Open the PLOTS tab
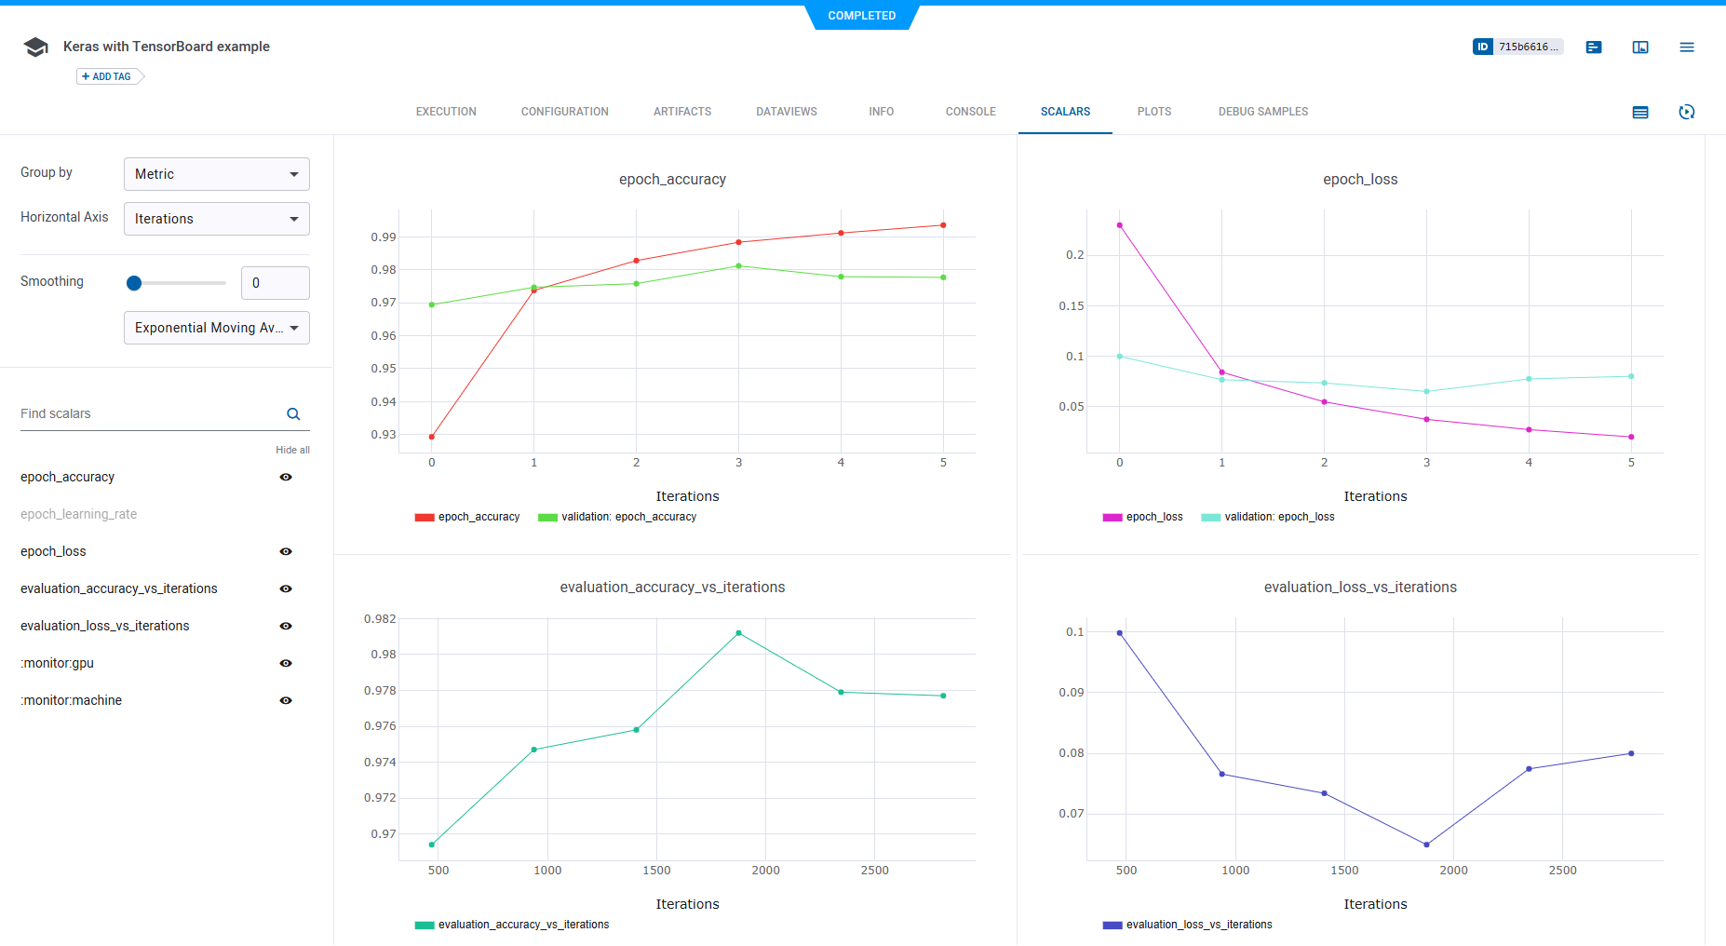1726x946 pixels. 1153,112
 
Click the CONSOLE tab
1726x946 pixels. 970,112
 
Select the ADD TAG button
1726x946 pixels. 108,76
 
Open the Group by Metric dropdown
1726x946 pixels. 216,174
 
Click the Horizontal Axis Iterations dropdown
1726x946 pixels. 216,219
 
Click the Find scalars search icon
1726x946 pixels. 293,414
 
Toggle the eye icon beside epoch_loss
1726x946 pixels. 286,551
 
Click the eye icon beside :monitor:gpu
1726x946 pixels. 286,663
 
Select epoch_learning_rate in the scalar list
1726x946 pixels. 78,514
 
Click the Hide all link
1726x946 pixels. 292,450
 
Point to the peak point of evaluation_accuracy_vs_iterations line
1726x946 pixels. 738,633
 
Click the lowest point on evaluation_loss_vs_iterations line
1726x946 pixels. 1426,845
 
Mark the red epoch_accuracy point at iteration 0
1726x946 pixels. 432,437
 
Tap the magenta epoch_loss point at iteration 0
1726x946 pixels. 1120,225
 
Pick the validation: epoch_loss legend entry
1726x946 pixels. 1278,517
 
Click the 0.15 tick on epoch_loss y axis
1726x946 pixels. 1071,306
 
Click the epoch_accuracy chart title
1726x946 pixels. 672,180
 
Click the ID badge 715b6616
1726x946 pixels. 1517,47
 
